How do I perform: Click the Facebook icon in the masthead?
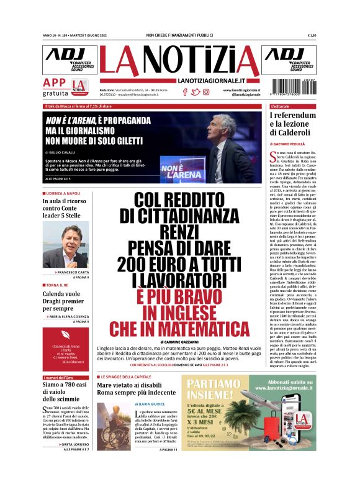pos(184,92)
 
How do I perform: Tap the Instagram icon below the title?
pos(205,92)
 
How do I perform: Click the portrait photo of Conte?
pos(66,246)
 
